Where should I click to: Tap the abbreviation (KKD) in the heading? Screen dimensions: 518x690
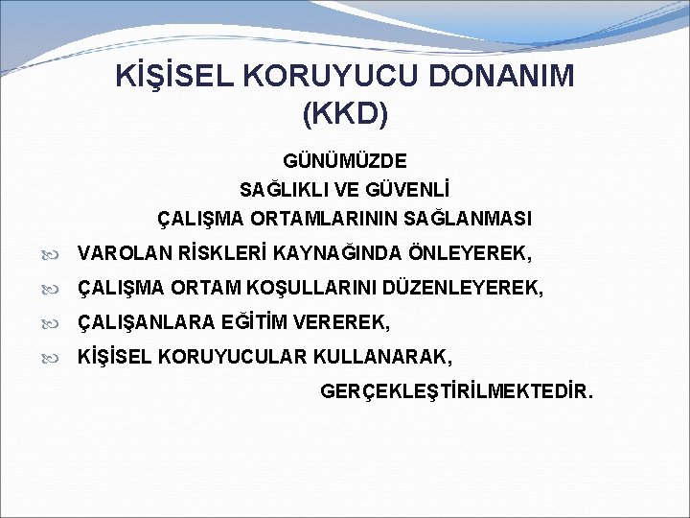(345, 114)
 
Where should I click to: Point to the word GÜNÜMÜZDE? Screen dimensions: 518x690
(345, 160)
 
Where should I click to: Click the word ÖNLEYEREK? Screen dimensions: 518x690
(469, 253)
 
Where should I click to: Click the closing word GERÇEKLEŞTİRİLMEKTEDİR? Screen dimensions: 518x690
(457, 391)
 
